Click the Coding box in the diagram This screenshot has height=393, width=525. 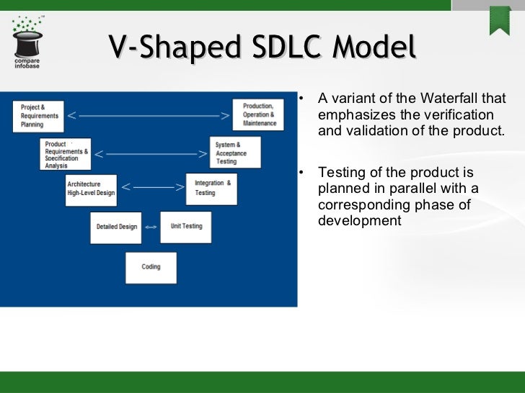[x=151, y=267]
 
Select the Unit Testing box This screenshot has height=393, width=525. [x=186, y=226]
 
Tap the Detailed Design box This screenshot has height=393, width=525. [x=117, y=227]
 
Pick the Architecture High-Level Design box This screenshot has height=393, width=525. [x=91, y=188]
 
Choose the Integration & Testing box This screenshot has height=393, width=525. [x=211, y=188]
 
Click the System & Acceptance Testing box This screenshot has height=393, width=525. [x=234, y=153]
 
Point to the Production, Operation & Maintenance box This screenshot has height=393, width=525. [x=259, y=114]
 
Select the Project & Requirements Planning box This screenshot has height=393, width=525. [x=40, y=115]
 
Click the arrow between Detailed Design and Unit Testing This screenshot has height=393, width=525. [x=151, y=227]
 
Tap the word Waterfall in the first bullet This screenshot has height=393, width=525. [x=456, y=99]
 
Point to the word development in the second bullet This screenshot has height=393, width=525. [x=359, y=221]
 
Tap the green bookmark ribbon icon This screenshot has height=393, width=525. [x=500, y=20]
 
